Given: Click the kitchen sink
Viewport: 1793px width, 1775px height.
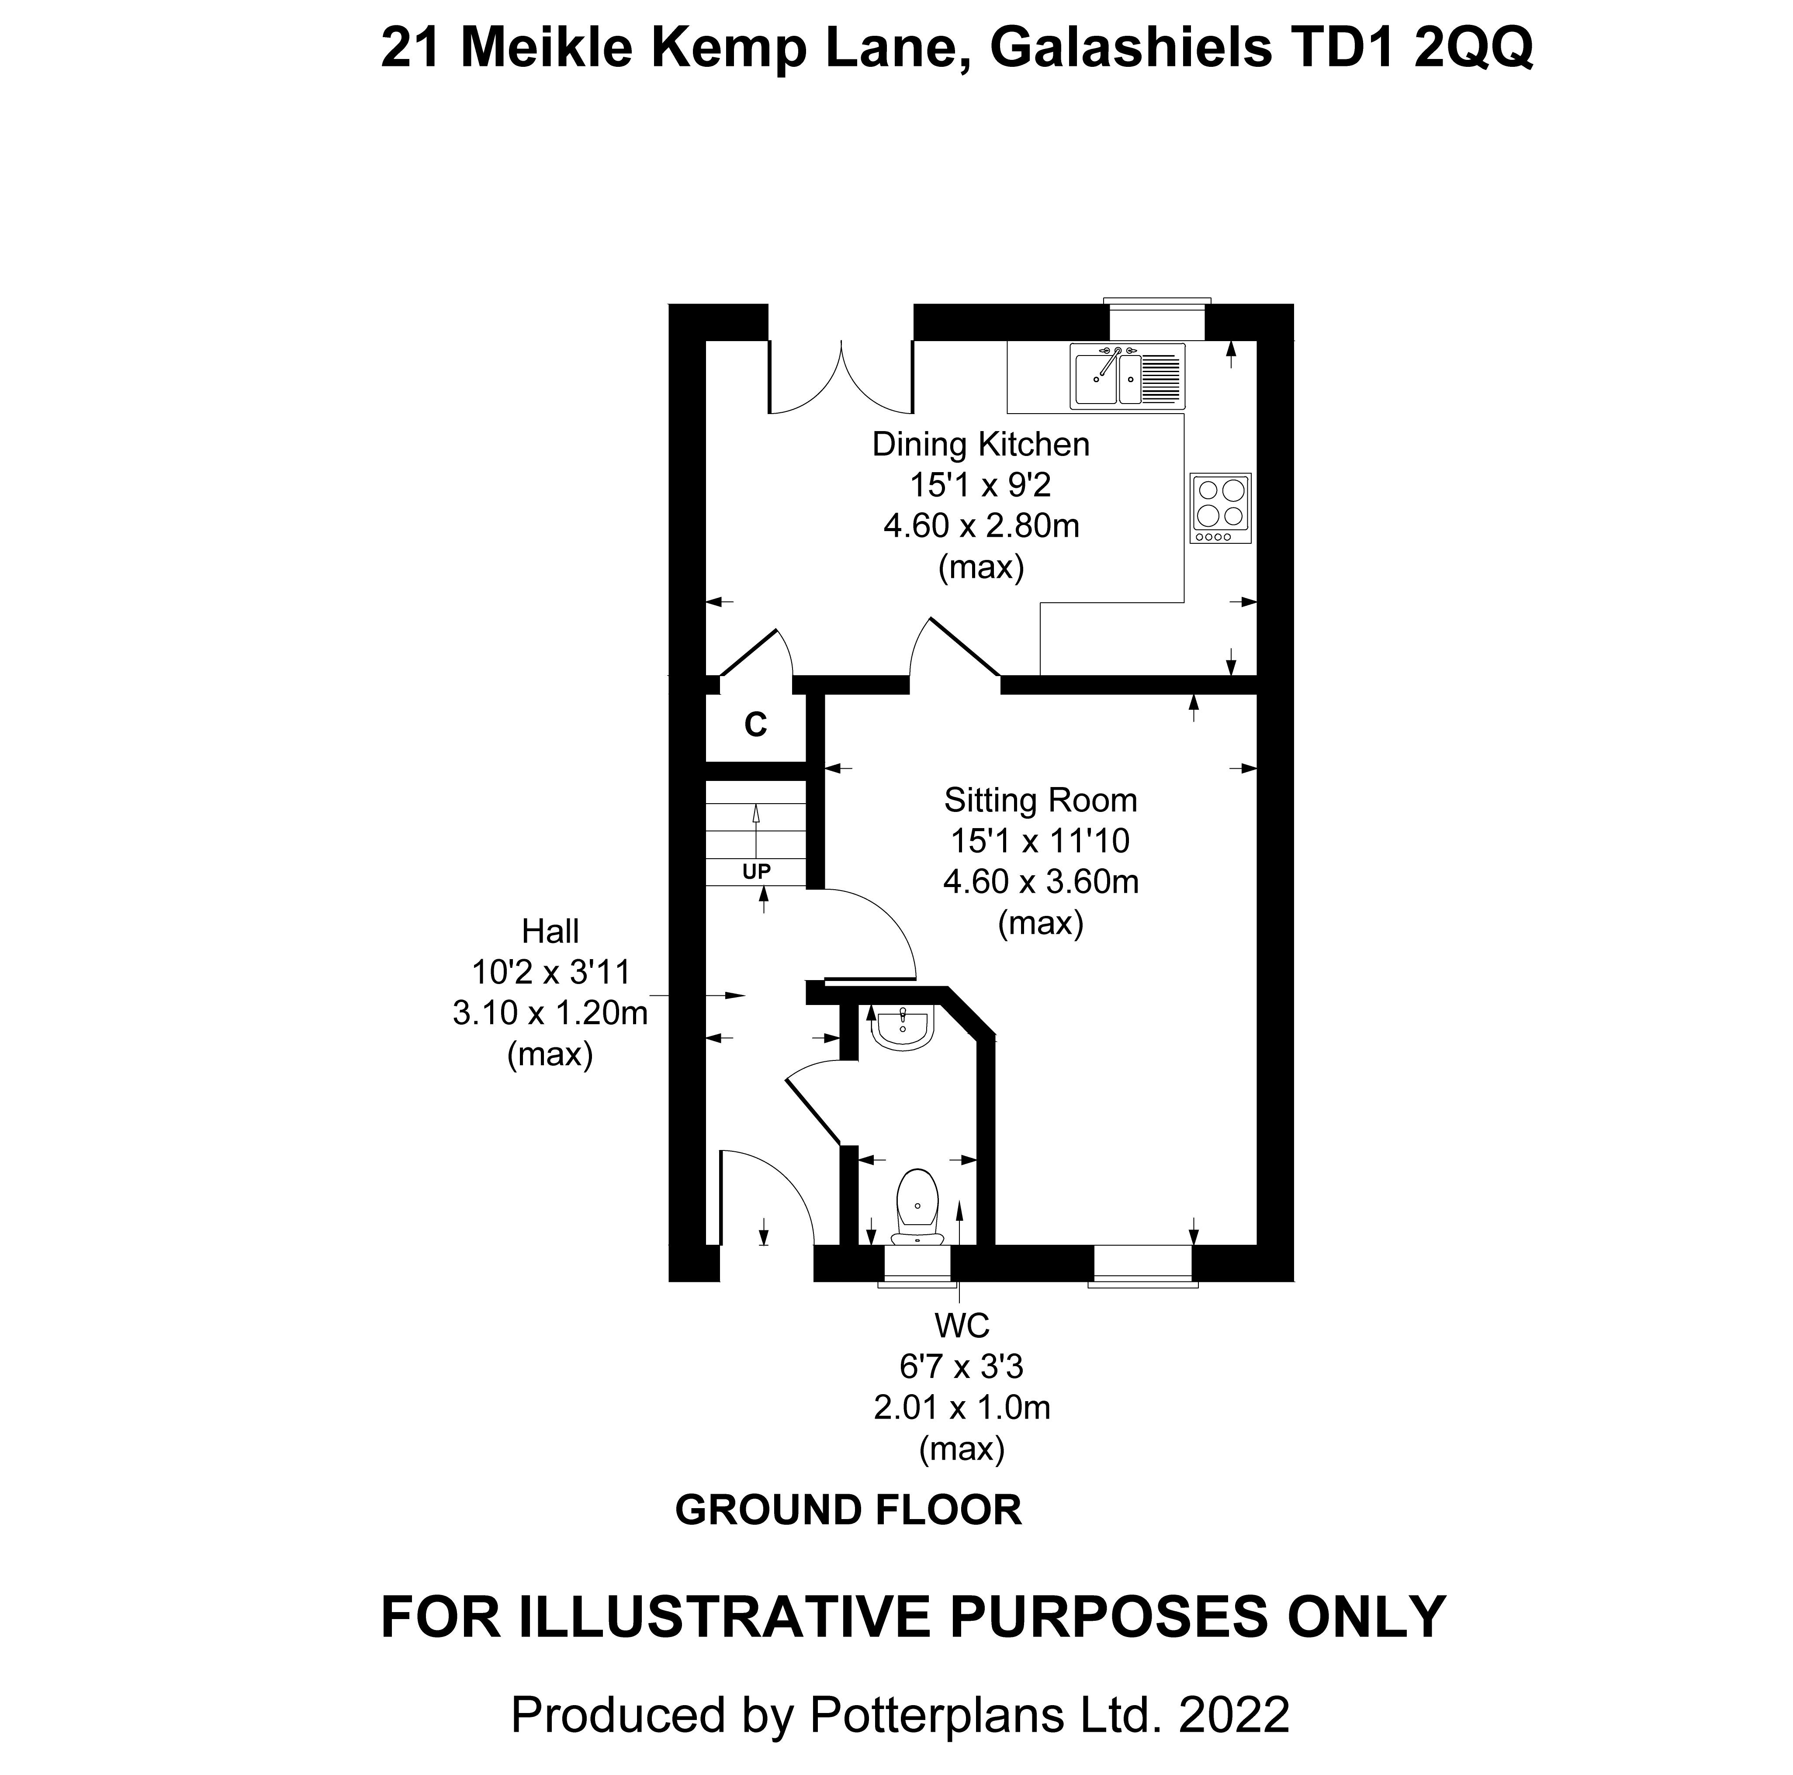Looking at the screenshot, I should [x=1127, y=377].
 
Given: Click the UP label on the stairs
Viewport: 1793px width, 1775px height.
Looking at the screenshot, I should [x=756, y=871].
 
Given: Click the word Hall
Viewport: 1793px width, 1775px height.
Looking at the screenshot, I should [x=550, y=931].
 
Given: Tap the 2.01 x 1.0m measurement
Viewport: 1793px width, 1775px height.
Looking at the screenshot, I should [x=962, y=1408].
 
